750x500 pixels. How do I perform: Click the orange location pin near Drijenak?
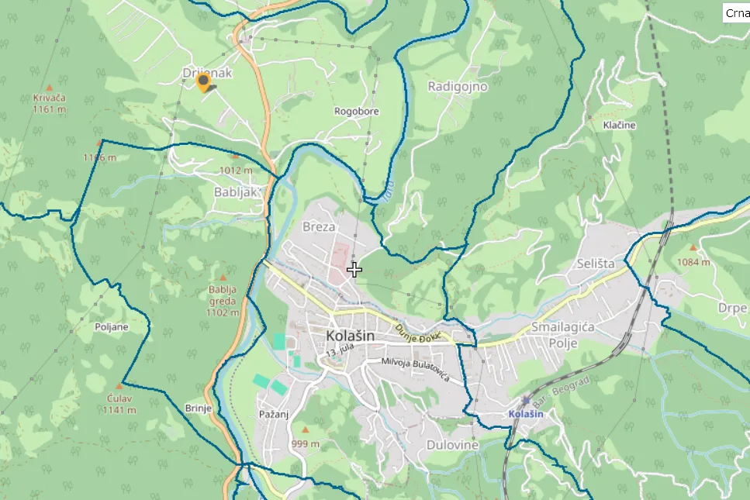click(x=203, y=82)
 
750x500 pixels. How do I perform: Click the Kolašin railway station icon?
click(x=527, y=401)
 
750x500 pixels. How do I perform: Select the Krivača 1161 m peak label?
click(x=49, y=103)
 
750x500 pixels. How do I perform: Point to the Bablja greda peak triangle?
click(x=223, y=277)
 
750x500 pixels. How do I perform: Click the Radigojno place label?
click(x=458, y=86)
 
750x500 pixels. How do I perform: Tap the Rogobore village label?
click(x=357, y=112)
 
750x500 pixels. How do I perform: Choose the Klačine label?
click(x=619, y=125)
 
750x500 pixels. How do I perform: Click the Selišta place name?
click(x=596, y=264)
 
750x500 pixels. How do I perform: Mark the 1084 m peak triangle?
click(x=693, y=249)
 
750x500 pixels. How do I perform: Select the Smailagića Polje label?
click(x=563, y=334)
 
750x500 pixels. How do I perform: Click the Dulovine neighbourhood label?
click(x=453, y=445)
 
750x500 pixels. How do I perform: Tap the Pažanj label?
click(x=272, y=415)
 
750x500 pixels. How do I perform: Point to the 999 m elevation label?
click(x=305, y=444)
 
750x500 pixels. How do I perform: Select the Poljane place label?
click(x=111, y=327)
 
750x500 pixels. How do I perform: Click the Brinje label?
click(x=199, y=409)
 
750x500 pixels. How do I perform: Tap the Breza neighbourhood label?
click(x=319, y=227)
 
